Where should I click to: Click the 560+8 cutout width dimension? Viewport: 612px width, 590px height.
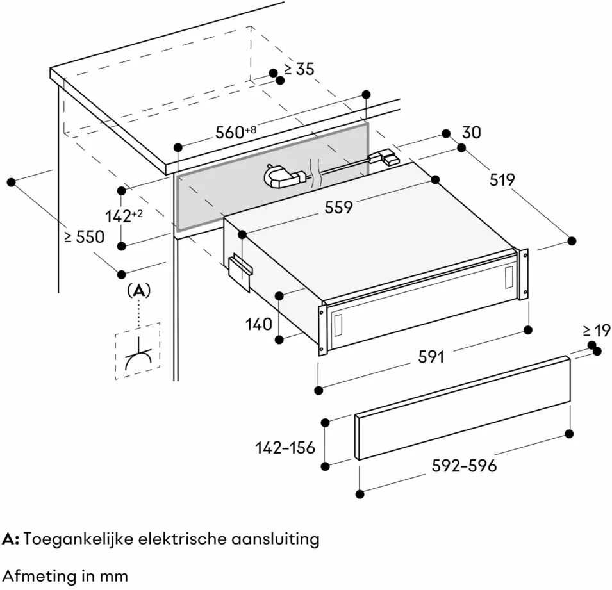pos(236,132)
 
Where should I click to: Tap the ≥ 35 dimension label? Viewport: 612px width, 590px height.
pos(299,69)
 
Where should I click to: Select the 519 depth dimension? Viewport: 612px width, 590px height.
pos(502,180)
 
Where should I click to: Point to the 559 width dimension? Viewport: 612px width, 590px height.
pos(339,207)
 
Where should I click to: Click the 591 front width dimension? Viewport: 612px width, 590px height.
pos(431,357)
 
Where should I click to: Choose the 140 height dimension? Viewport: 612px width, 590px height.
pos(259,324)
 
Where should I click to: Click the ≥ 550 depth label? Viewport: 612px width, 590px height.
pos(85,236)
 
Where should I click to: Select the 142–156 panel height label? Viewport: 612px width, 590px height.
pos(285,448)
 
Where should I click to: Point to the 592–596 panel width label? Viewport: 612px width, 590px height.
pos(465,466)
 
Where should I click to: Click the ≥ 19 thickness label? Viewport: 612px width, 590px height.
pos(597,331)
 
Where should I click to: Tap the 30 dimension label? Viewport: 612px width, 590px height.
pos(472,133)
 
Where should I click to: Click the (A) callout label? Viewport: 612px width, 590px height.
pos(138,290)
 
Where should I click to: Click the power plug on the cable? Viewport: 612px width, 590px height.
pos(286,177)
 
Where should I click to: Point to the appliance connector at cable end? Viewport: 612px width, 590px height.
pos(384,156)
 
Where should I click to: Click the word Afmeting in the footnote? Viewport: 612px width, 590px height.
pos(40,576)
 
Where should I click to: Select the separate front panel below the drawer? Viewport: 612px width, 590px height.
pos(463,408)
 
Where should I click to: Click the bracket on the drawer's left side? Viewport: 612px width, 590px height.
pos(240,273)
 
